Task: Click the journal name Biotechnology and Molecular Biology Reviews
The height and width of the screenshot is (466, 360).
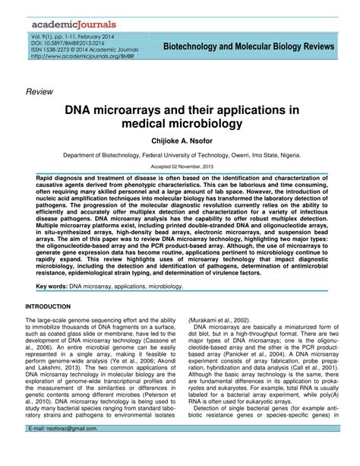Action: point(248,47)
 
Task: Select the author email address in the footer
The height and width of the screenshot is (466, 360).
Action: point(72,450)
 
